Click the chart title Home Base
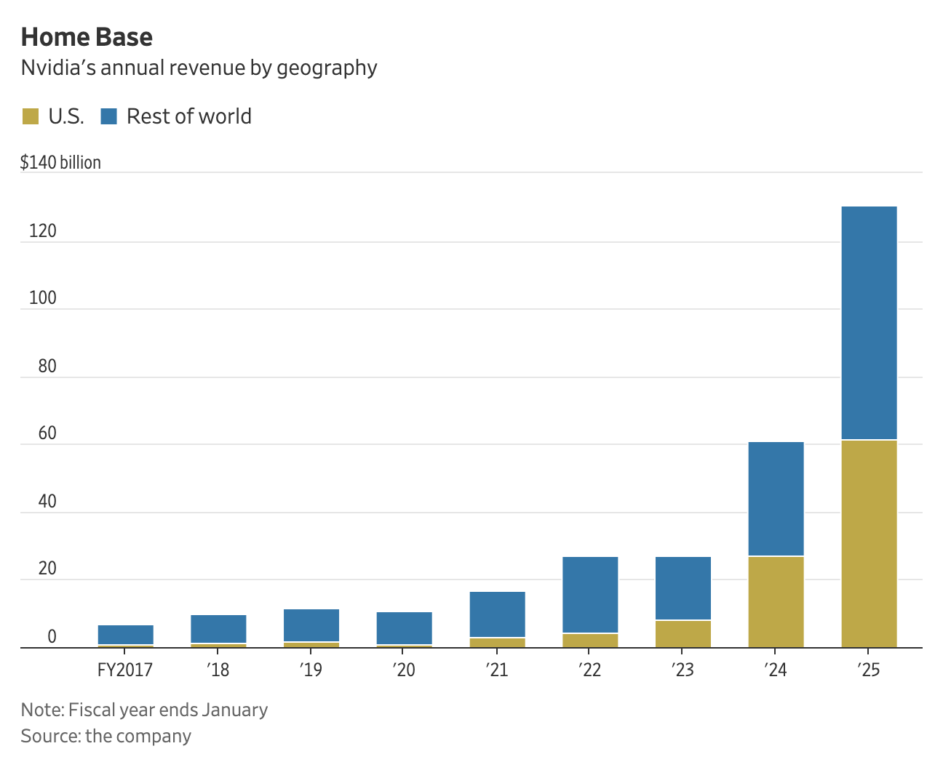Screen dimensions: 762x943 tap(87, 37)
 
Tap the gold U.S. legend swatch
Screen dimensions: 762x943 tap(31, 116)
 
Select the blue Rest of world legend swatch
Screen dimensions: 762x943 tap(109, 116)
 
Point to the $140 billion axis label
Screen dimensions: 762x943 tap(60, 162)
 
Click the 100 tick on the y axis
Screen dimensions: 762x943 tap(42, 298)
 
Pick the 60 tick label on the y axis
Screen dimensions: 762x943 tap(47, 434)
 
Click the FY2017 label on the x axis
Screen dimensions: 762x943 tap(125, 670)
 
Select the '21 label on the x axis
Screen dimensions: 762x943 tap(497, 670)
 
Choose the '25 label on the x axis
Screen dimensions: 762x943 tap(869, 670)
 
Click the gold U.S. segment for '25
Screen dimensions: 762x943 tap(869, 544)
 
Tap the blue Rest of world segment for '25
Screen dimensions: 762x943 tap(869, 323)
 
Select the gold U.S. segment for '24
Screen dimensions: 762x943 tap(776, 602)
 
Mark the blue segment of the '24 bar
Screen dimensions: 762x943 tap(776, 499)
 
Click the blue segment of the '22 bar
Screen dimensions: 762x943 tap(590, 595)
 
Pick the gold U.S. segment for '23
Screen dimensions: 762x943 tap(683, 634)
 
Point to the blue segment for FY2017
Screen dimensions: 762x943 tap(125, 635)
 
